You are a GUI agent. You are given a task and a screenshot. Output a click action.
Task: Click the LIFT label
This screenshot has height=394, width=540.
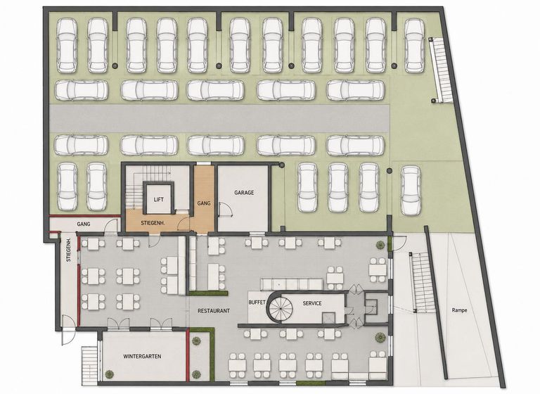click(x=158, y=200)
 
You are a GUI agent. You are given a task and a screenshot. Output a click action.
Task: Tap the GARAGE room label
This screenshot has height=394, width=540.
click(x=244, y=193)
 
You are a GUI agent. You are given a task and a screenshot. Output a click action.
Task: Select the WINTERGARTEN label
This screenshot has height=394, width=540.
click(x=142, y=357)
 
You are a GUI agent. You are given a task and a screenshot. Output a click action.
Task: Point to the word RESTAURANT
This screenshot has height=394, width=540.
click(x=214, y=311)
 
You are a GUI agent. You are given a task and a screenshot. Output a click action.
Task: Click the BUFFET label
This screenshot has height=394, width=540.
click(x=257, y=303)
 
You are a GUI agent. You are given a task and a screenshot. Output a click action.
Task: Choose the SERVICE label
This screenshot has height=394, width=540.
click(x=312, y=303)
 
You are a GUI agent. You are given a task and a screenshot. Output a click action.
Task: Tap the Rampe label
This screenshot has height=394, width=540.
click(x=459, y=310)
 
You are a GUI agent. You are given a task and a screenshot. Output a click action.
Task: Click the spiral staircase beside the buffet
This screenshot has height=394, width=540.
click(x=280, y=307)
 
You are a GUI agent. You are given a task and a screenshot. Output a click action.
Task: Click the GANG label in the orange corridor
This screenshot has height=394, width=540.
click(x=204, y=203)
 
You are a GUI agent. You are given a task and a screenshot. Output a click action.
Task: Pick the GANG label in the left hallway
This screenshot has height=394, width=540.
click(x=84, y=224)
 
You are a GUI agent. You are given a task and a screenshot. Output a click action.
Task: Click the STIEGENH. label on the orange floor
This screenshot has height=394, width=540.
click(x=153, y=223)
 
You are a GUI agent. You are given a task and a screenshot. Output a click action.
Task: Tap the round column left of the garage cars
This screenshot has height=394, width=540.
click(x=282, y=165)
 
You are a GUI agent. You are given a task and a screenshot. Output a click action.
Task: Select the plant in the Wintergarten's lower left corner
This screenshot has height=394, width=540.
click(x=109, y=374)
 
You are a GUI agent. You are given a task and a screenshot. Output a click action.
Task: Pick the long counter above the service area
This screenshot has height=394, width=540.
click(x=292, y=284)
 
